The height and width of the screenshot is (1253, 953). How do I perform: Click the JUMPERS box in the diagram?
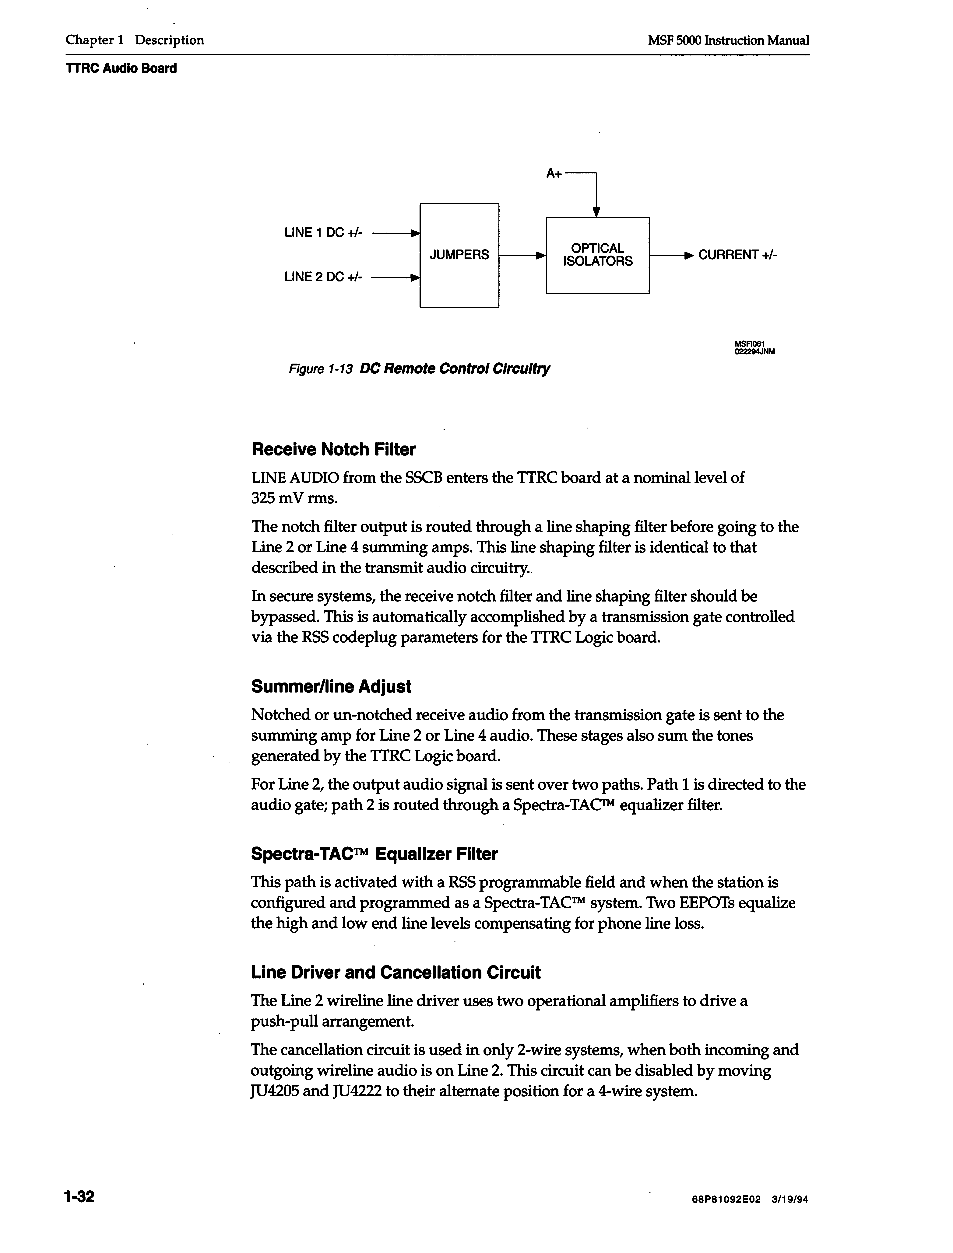pos(459,255)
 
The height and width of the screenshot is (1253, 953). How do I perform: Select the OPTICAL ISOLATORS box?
pos(597,255)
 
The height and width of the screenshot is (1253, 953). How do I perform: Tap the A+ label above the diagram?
pos(554,174)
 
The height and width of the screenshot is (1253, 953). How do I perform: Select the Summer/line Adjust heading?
pos(331,687)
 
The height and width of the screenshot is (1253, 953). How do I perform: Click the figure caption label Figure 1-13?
pos(321,369)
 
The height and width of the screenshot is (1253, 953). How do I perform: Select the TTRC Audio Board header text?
pos(121,69)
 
